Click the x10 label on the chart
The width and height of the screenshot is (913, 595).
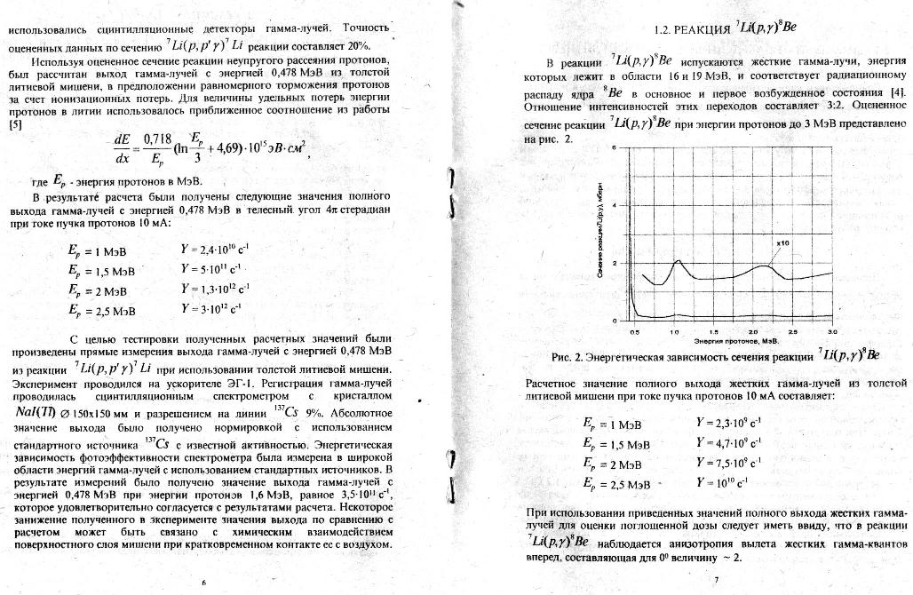click(783, 242)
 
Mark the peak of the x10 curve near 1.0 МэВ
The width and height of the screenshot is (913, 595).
click(677, 260)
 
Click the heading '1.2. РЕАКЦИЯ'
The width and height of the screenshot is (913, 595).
click(690, 29)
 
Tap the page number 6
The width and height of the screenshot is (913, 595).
click(203, 582)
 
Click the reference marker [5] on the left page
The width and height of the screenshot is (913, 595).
click(15, 125)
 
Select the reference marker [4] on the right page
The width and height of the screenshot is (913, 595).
click(898, 92)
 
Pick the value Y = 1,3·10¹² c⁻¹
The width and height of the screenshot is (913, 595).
click(216, 289)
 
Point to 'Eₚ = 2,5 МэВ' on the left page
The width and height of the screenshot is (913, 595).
click(101, 312)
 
